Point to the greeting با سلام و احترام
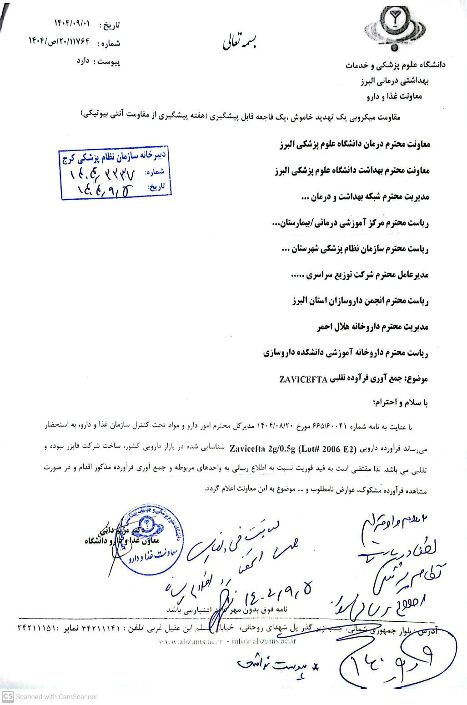pyautogui.click(x=400, y=403)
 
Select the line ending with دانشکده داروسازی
pyautogui.click(x=346, y=353)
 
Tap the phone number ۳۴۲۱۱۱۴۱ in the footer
pyautogui.click(x=103, y=628)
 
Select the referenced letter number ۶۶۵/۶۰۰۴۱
pyautogui.click(x=330, y=427)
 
